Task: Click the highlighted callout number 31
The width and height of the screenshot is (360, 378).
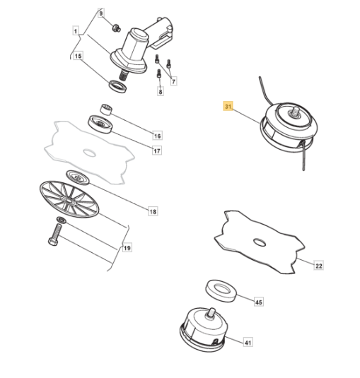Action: click(x=228, y=106)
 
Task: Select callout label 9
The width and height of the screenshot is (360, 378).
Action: click(x=101, y=13)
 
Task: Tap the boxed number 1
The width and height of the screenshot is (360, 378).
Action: click(x=76, y=31)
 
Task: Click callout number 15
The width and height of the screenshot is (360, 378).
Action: click(x=78, y=56)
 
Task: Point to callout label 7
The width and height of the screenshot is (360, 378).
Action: click(x=173, y=81)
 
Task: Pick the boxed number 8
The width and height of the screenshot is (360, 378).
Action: click(x=161, y=91)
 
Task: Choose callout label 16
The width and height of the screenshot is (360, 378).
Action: click(x=157, y=136)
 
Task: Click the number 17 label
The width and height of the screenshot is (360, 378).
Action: click(x=157, y=151)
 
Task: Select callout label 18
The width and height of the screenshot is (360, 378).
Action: click(x=153, y=212)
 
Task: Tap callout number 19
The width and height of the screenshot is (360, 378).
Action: click(x=127, y=248)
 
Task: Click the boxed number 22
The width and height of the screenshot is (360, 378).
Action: click(x=319, y=266)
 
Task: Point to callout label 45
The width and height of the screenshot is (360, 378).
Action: click(x=259, y=302)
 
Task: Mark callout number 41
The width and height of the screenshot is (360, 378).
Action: click(x=248, y=343)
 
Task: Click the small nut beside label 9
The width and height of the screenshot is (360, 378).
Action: click(x=116, y=28)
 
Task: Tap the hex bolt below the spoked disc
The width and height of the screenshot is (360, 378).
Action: click(x=54, y=235)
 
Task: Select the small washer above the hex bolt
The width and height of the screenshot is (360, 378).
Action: click(x=61, y=220)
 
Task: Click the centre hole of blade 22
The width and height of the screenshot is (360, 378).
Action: click(x=260, y=242)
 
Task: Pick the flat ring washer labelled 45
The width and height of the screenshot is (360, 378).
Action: click(x=221, y=290)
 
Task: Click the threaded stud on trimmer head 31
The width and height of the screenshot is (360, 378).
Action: click(x=296, y=112)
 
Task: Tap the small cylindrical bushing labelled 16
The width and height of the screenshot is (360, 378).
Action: click(x=106, y=110)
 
